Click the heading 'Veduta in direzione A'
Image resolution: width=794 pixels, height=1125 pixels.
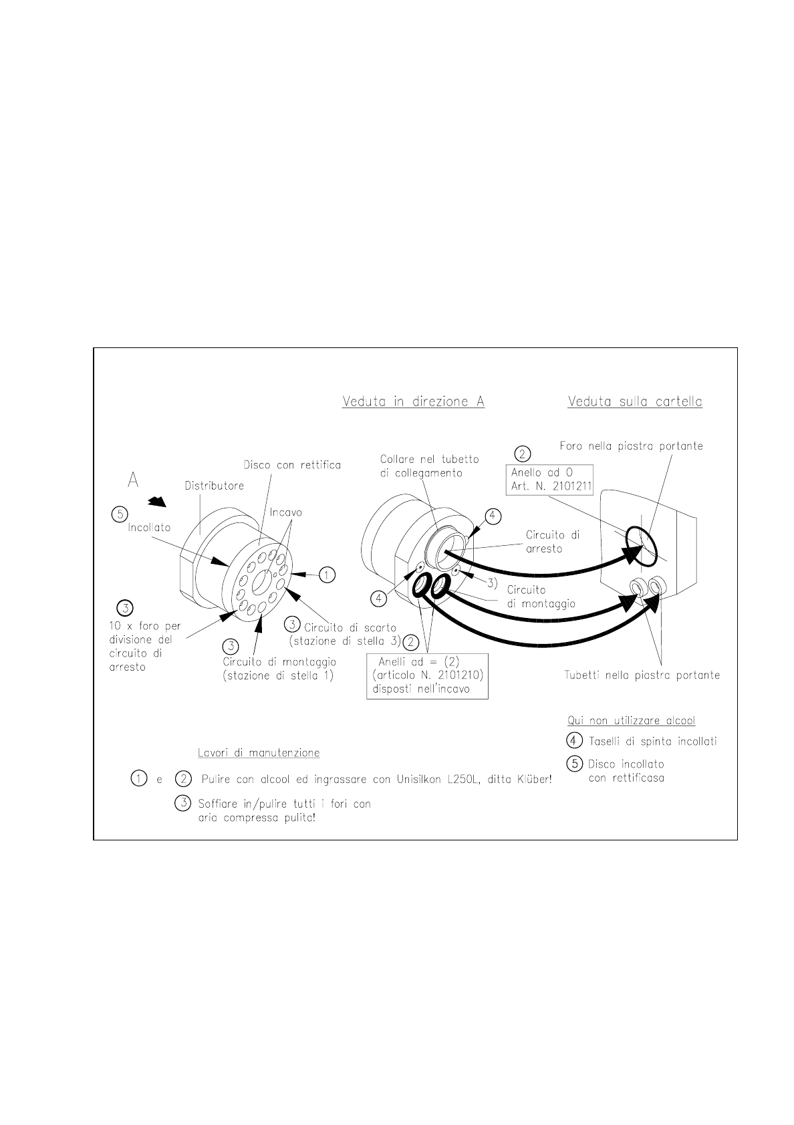(413, 402)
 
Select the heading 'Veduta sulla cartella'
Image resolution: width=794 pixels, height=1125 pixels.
(634, 402)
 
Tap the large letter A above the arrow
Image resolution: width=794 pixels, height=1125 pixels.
(133, 481)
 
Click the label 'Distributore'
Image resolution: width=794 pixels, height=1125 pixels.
(214, 486)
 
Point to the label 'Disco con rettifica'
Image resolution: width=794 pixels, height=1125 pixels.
(292, 465)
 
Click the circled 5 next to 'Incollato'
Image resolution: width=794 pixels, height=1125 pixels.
(119, 514)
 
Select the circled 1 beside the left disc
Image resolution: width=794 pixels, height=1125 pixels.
(326, 574)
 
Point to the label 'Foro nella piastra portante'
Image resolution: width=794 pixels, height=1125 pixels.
(631, 446)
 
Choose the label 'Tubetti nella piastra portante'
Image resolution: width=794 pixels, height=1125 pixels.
(642, 675)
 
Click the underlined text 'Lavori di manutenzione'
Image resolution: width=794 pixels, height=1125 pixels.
(259, 753)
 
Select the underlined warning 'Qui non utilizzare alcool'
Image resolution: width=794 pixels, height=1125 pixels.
(631, 721)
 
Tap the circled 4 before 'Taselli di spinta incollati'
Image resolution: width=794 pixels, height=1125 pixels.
(575, 741)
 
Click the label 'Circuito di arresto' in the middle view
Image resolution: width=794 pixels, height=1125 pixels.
(553, 541)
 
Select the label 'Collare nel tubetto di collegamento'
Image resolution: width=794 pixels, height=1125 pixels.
(429, 466)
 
